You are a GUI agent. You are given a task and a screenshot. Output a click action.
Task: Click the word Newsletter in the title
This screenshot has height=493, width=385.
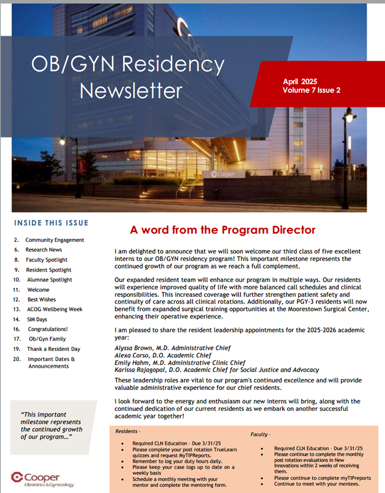click(x=131, y=90)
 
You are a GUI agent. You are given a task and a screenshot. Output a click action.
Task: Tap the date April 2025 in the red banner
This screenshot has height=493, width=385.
click(x=299, y=81)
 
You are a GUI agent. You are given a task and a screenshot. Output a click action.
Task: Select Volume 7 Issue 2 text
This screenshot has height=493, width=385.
click(x=312, y=90)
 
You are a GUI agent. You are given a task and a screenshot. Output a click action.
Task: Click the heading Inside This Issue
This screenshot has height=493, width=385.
click(x=51, y=223)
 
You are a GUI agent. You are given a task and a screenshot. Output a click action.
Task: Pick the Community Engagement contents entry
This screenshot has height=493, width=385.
click(x=54, y=240)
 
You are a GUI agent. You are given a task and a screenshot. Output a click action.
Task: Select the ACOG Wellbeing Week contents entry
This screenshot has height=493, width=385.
click(x=56, y=310)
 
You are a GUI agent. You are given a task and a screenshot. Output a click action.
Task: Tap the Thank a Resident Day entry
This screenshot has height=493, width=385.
click(x=54, y=349)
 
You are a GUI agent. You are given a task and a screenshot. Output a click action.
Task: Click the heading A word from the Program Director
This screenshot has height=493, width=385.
click(x=223, y=230)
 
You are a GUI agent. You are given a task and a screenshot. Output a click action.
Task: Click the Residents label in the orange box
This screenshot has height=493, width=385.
click(x=128, y=431)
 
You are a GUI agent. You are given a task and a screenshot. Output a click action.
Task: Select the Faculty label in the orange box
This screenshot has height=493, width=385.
click(x=260, y=434)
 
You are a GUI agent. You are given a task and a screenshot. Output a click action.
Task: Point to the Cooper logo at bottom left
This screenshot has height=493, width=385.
click(x=42, y=478)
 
